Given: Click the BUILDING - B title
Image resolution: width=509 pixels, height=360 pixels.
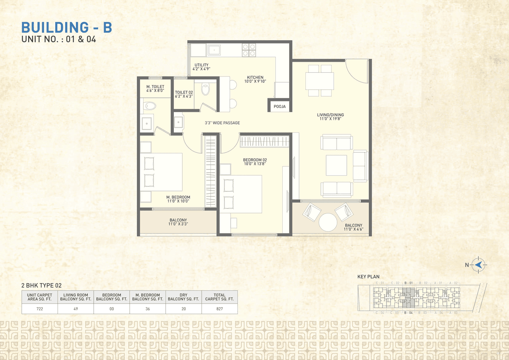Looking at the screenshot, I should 66,27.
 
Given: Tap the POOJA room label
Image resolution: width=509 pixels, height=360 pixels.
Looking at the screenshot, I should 280,107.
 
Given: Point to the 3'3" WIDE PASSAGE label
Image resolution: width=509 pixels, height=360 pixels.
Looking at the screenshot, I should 222,123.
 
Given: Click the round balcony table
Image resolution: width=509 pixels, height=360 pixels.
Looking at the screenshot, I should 328,222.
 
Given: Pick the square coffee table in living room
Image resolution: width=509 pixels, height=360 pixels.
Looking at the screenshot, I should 336,165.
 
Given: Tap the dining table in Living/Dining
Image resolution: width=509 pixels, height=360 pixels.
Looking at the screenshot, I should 320,81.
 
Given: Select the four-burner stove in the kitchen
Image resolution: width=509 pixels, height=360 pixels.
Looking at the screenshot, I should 249,50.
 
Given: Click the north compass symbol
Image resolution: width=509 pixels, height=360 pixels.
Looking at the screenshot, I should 478,265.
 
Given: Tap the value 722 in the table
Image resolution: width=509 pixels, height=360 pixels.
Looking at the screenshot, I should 39,309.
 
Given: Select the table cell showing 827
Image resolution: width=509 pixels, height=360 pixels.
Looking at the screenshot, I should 220,309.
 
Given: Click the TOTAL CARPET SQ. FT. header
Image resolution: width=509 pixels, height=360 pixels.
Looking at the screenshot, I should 220,297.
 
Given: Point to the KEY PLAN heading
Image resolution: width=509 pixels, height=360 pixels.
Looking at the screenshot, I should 368,276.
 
